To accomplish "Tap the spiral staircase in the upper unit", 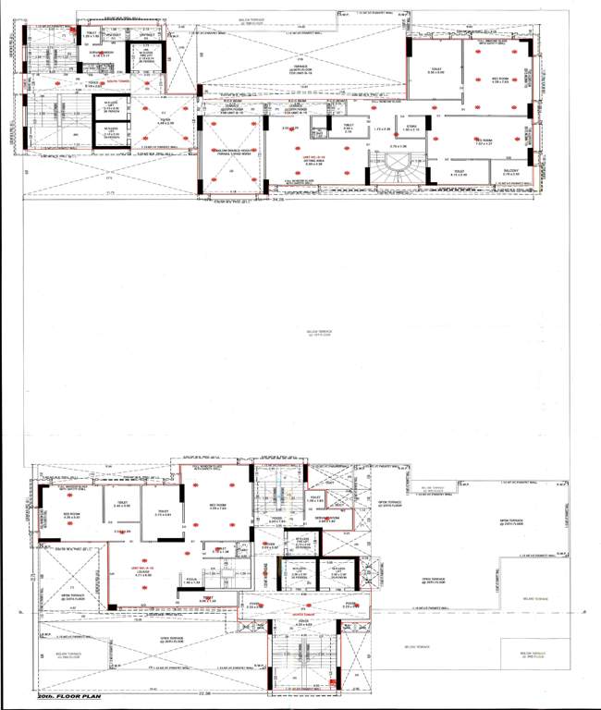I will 399,172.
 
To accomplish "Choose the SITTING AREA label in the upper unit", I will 297,164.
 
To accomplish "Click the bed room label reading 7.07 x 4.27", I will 486,142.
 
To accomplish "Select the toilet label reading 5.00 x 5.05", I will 436,70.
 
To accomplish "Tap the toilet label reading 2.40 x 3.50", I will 121,505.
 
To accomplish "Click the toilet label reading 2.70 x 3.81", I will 164,514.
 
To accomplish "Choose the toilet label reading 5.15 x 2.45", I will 459,173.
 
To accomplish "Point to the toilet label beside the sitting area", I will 349,128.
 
